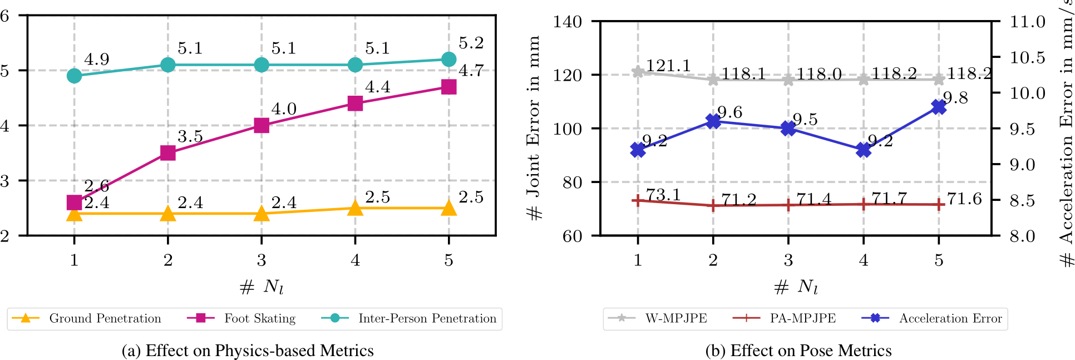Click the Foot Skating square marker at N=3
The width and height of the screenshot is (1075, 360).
pos(262,125)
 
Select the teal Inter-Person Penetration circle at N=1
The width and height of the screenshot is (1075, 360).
pos(74,76)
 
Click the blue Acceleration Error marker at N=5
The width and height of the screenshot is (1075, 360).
pos(939,107)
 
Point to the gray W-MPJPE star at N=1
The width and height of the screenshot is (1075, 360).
pos(638,72)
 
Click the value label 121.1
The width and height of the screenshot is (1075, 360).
pos(668,66)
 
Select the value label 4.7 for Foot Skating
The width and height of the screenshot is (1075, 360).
pos(471,71)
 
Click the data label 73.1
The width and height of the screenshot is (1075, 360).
pos(663,195)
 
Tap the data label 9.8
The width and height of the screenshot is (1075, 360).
pos(955,98)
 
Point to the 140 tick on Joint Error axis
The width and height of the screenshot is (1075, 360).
pos(568,22)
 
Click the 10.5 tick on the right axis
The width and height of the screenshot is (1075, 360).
pos(1027,57)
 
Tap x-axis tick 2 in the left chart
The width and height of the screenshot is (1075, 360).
pos(167,260)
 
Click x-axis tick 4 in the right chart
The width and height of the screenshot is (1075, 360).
pos(864,260)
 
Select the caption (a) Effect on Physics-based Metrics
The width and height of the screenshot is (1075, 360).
pos(248,351)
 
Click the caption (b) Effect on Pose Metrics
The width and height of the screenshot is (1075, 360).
pos(798,351)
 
